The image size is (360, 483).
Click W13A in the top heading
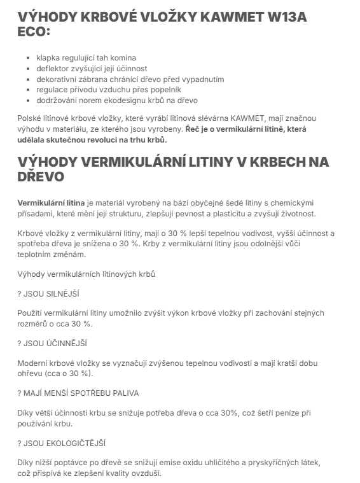pos(285,17)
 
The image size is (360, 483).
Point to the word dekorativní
pos(59,79)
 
